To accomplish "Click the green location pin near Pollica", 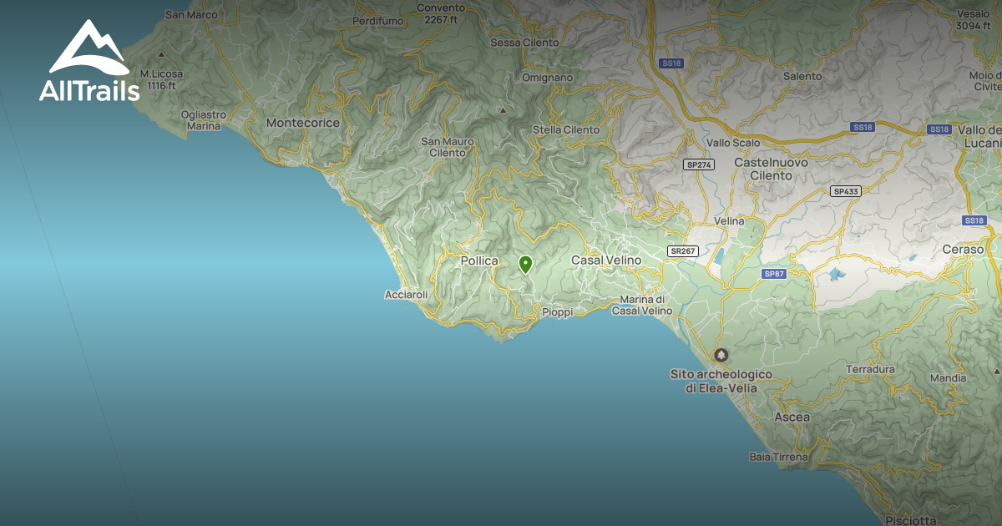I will pyautogui.click(x=525, y=265).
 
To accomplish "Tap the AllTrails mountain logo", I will pyautogui.click(x=89, y=50).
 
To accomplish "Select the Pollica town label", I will pyautogui.click(x=479, y=261).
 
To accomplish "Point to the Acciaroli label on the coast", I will pyautogui.click(x=407, y=295).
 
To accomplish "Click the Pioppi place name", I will pyautogui.click(x=558, y=312).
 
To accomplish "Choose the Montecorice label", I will pyautogui.click(x=303, y=123).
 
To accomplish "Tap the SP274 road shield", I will pyautogui.click(x=698, y=164).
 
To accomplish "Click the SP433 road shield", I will pyautogui.click(x=846, y=191).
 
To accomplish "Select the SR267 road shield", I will pyautogui.click(x=682, y=250).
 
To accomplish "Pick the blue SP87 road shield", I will pyautogui.click(x=774, y=274).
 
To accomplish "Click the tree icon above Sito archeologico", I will pyautogui.click(x=721, y=355).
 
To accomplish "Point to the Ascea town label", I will pyautogui.click(x=792, y=417).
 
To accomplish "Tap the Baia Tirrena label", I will pyautogui.click(x=779, y=458).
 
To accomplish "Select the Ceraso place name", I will pyautogui.click(x=963, y=250).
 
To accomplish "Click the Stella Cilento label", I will pyautogui.click(x=566, y=130).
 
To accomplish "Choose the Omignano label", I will pyautogui.click(x=547, y=78).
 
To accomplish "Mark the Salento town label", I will pyautogui.click(x=802, y=76).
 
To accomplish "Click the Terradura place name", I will pyautogui.click(x=870, y=369).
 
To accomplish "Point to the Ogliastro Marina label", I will pyautogui.click(x=203, y=120).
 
